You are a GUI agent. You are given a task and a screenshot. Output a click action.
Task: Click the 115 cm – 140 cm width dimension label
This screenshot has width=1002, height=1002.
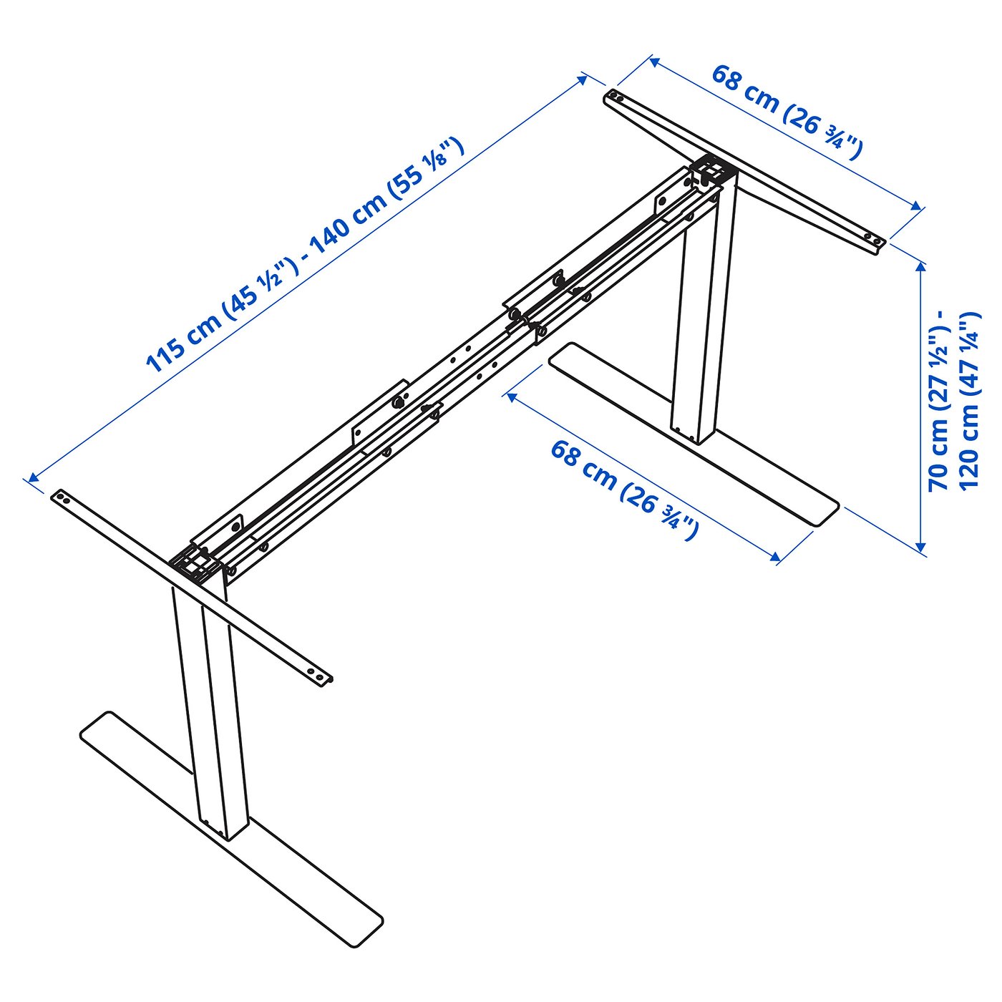pos(304,255)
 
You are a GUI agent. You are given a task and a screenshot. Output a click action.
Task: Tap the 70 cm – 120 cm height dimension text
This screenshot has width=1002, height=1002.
pos(953,400)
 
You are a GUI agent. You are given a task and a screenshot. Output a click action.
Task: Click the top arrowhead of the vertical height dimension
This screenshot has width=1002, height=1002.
pos(921,267)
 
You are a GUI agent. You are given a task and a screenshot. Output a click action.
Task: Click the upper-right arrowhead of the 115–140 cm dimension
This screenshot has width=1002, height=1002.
pos(582,79)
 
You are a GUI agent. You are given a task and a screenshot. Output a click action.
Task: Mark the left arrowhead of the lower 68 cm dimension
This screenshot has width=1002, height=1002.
pos(512,397)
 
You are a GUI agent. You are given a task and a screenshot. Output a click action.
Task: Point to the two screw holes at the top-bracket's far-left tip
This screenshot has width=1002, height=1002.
pos(616,97)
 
